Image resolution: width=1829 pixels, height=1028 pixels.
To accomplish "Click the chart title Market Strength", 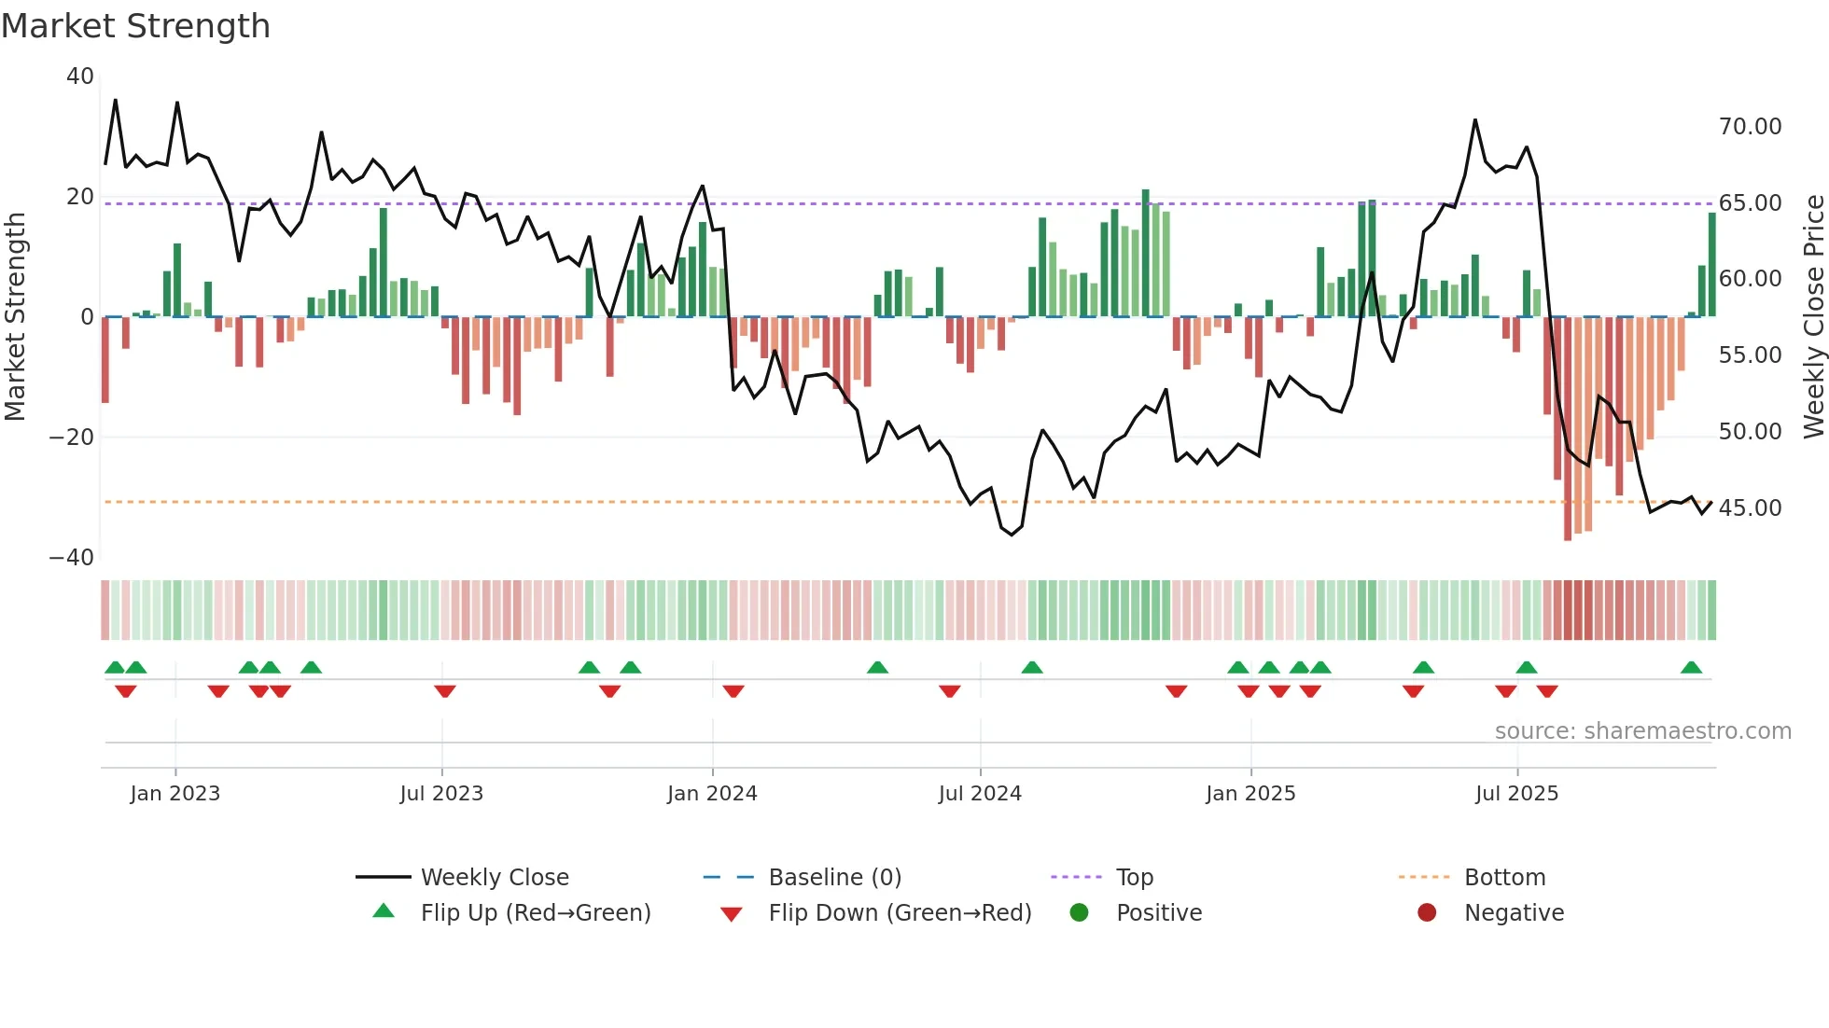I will (x=135, y=26).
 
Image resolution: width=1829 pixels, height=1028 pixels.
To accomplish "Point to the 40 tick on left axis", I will (x=80, y=76).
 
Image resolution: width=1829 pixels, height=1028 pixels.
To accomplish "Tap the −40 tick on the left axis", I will (x=72, y=558).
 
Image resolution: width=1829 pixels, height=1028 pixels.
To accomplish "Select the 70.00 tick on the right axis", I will (x=1750, y=127).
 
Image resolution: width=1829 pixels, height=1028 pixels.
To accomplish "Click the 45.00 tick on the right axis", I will (x=1750, y=508).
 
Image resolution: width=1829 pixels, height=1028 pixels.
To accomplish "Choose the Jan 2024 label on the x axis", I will (x=712, y=794).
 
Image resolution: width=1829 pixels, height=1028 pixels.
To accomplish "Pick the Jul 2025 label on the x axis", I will (x=1516, y=794).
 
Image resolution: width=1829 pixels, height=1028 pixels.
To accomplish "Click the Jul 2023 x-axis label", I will (x=441, y=794).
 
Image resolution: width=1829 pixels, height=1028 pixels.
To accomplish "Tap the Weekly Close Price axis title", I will (x=1813, y=317).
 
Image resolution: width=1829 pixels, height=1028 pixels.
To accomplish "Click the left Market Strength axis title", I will (x=15, y=317).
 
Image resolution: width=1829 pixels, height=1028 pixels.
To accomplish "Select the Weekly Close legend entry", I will (x=494, y=878).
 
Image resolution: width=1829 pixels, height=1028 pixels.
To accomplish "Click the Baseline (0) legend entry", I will (x=834, y=878).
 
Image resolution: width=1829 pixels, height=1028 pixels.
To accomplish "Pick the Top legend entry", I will (x=1134, y=878).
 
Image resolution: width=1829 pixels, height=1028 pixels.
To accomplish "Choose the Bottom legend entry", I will (x=1504, y=878).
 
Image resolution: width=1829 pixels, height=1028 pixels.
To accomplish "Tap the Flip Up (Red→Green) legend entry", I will (x=535, y=913).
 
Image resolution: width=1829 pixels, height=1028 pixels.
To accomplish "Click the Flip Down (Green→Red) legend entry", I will (x=900, y=913).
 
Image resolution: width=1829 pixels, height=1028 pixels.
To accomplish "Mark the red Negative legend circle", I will (x=1427, y=913).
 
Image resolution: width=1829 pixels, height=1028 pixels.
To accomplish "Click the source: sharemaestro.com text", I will (x=1642, y=731).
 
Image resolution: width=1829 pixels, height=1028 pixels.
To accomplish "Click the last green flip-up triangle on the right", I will (x=1691, y=668).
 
